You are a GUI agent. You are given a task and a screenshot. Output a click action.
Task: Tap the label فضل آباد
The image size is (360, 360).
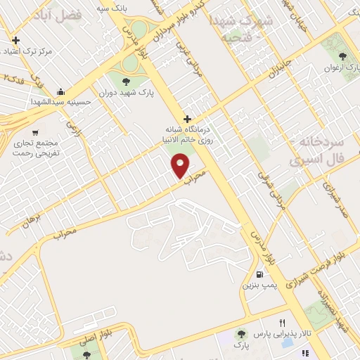point(58,14)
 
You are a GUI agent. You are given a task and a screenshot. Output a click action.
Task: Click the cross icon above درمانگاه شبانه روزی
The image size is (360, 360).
point(187,118)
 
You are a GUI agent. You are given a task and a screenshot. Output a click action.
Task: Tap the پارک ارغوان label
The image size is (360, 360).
point(337,68)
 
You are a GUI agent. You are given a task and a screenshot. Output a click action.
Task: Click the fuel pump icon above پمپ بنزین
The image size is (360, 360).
point(260,274)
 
